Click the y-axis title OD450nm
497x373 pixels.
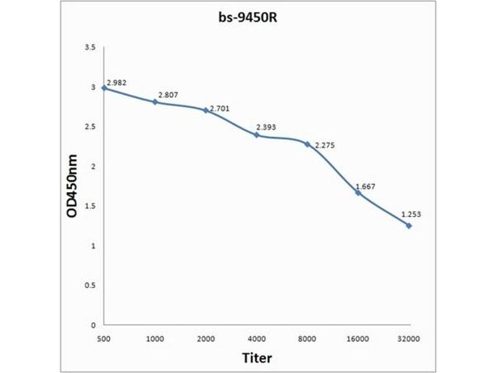click(x=72, y=186)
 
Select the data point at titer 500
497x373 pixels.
click(x=104, y=88)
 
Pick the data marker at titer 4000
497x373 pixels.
click(x=257, y=135)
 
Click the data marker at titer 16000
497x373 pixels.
click(x=358, y=193)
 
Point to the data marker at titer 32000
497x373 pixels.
click(x=409, y=226)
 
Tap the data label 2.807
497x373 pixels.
click(x=167, y=95)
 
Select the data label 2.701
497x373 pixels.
click(x=220, y=109)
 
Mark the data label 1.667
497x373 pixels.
click(x=365, y=186)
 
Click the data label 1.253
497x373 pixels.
click(x=411, y=214)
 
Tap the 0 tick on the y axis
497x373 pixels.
click(x=93, y=325)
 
